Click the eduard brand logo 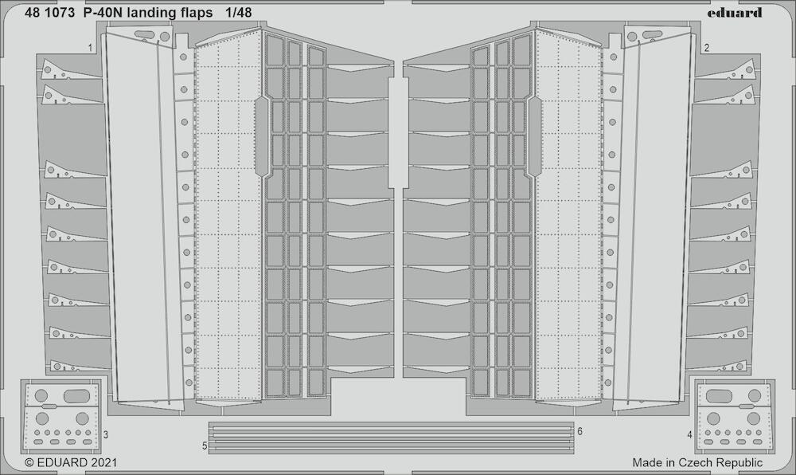pyautogui.click(x=735, y=13)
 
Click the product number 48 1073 pyautogui.click(x=49, y=13)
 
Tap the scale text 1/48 pyautogui.click(x=237, y=13)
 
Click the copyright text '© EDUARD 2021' pyautogui.click(x=71, y=463)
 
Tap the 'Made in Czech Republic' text pyautogui.click(x=697, y=463)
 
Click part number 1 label pyautogui.click(x=91, y=49)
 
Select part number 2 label pyautogui.click(x=707, y=49)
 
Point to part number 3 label pyautogui.click(x=106, y=435)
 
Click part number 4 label pyautogui.click(x=689, y=435)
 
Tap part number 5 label pyautogui.click(x=205, y=446)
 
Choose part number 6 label pyautogui.click(x=579, y=431)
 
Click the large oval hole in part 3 pyautogui.click(x=76, y=395)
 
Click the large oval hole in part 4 pyautogui.click(x=720, y=395)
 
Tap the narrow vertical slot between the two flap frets pyautogui.click(x=398, y=132)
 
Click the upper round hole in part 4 pyautogui.click(x=755, y=395)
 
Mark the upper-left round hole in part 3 pyautogui.click(x=41, y=395)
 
